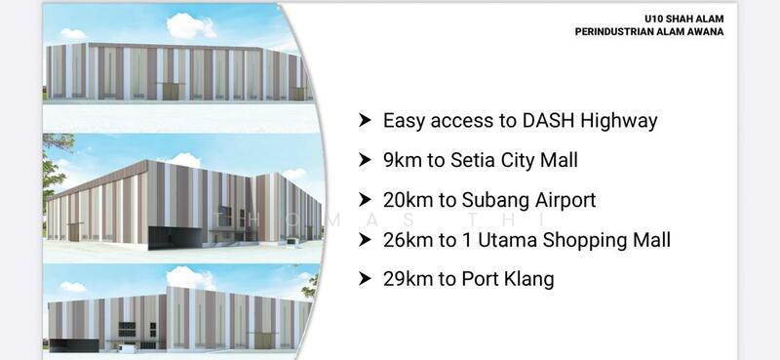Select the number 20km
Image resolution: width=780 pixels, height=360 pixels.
tap(409, 200)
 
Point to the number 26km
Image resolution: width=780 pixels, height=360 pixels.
tap(409, 239)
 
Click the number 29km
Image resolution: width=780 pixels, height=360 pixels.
tap(409, 279)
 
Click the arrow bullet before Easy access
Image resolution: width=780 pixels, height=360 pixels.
tap(365, 121)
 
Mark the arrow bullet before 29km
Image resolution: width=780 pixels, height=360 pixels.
tap(365, 279)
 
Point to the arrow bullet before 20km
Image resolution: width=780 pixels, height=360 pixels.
tap(365, 200)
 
